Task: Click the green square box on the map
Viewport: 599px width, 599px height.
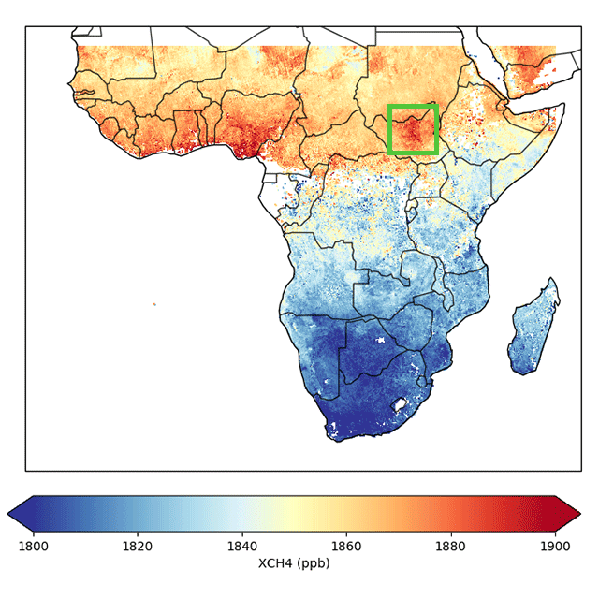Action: coord(389,129)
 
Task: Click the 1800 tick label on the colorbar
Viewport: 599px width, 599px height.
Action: coord(34,547)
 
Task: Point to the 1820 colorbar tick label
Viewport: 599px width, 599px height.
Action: coord(138,547)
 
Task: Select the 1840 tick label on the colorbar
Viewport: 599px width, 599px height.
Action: coord(242,547)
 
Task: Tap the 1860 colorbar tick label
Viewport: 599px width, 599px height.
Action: coord(346,547)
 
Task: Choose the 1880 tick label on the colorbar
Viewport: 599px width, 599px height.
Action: coord(451,547)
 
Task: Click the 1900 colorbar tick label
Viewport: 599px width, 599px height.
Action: coord(555,547)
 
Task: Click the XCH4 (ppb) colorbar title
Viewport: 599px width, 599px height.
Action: coord(294,563)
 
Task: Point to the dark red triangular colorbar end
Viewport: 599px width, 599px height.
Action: coord(568,514)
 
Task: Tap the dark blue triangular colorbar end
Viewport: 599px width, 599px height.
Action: coord(21,514)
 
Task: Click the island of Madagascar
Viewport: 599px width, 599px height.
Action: coord(532,329)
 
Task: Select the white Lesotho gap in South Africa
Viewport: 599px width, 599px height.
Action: coord(400,404)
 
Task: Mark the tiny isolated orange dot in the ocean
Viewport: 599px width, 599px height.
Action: coord(154,304)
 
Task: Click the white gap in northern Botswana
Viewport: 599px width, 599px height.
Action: coord(381,340)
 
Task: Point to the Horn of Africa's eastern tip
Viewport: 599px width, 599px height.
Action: coord(563,106)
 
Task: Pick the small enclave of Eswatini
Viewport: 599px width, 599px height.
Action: coord(421,381)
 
